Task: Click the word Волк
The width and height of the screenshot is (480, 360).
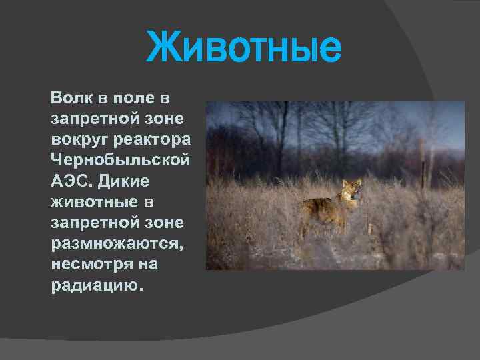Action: tap(70, 99)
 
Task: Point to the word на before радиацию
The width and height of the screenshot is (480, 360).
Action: tap(149, 264)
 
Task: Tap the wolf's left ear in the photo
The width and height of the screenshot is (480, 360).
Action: tap(345, 182)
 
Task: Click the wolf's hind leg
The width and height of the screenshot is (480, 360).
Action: tap(307, 223)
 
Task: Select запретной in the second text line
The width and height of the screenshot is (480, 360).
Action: tap(93, 119)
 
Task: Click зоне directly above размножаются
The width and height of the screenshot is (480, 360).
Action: tap(167, 223)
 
